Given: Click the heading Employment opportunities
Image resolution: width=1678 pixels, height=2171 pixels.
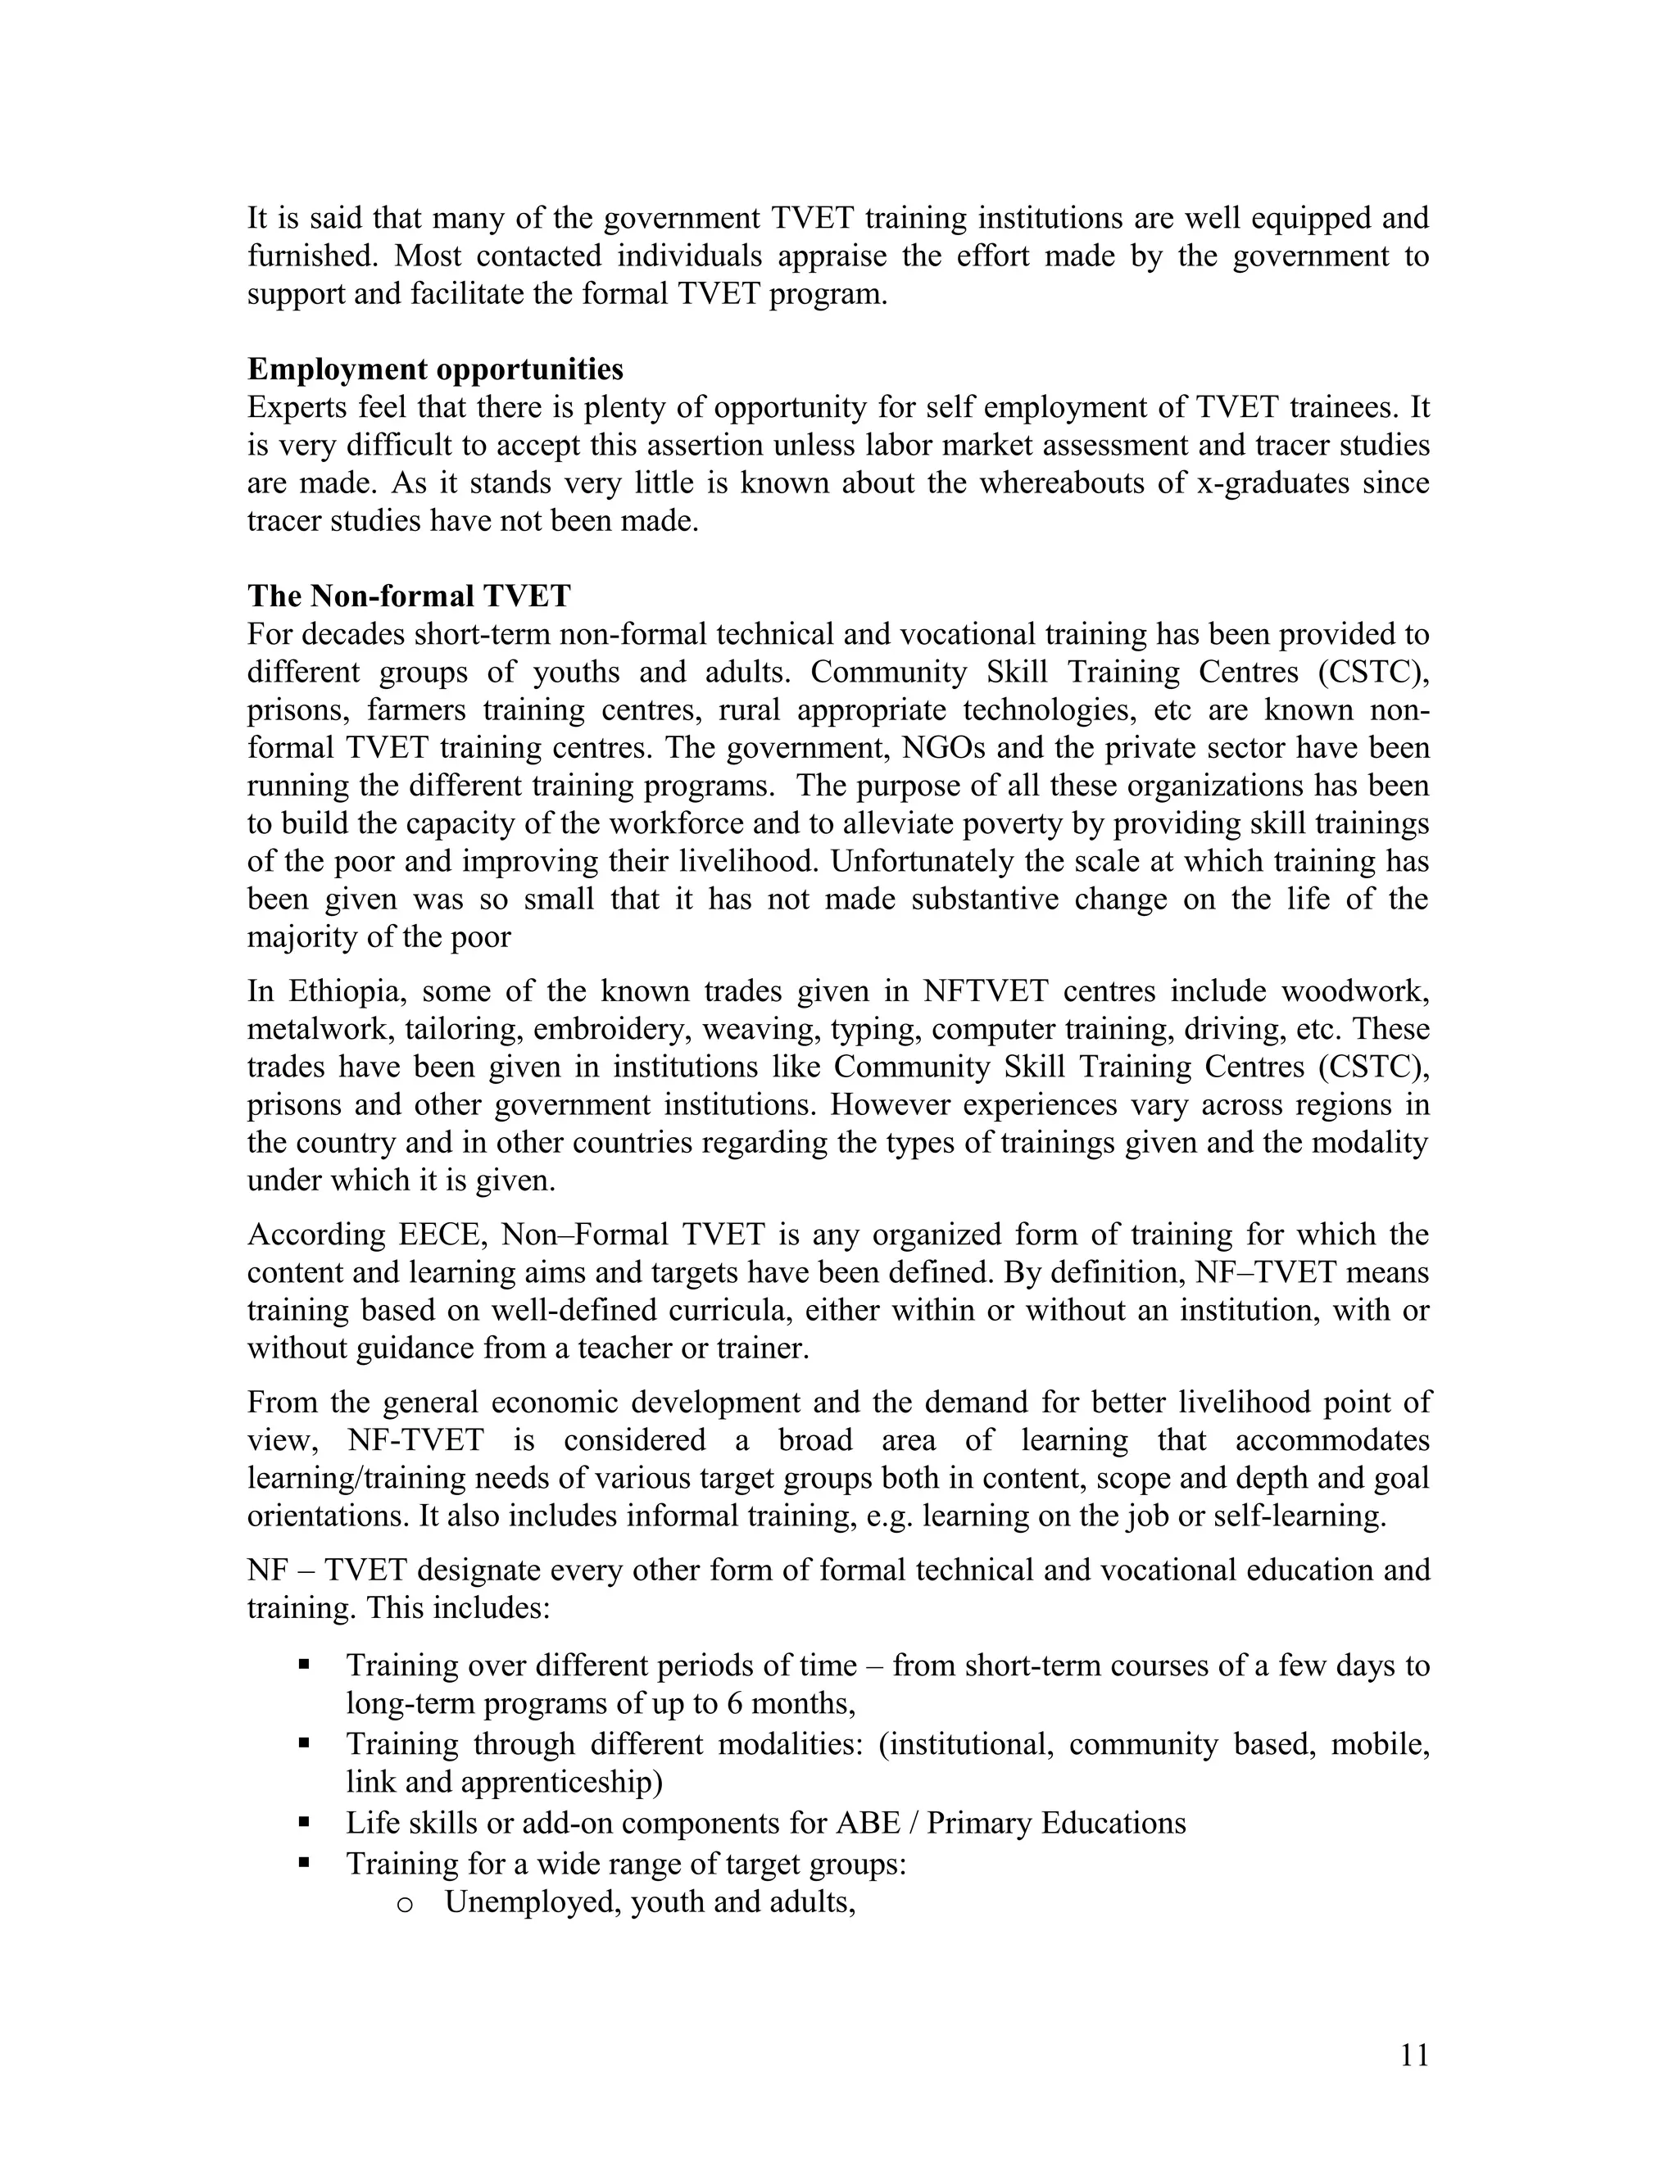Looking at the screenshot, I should (435, 369).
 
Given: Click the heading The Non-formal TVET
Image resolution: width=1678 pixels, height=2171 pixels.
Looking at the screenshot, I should (409, 596).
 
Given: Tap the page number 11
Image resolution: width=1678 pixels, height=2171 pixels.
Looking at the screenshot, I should (1413, 2055).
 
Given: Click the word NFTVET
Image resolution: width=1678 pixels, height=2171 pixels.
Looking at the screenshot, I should (988, 991).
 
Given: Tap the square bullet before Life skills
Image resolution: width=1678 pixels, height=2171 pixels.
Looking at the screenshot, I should (304, 1822).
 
